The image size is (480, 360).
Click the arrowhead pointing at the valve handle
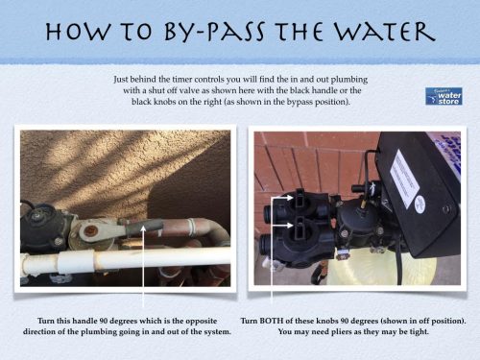[x=142, y=234]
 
